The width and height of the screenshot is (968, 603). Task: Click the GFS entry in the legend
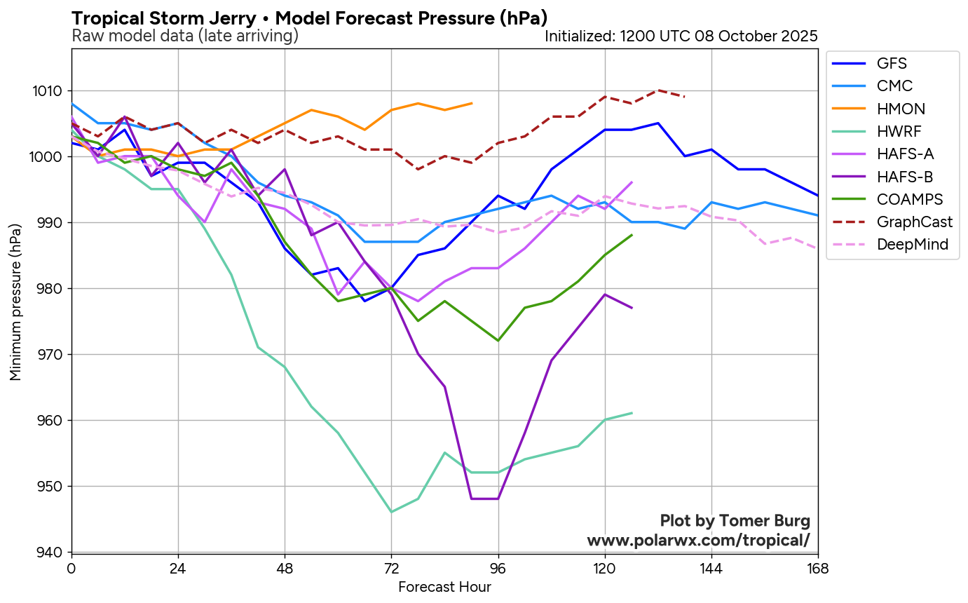[x=892, y=64]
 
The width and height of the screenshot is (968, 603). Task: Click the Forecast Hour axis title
[x=444, y=588]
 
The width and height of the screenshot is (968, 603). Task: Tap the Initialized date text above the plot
[x=681, y=36]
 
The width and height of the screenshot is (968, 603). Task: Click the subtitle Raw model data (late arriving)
[x=185, y=36]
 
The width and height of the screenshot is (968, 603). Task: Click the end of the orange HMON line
[x=472, y=103]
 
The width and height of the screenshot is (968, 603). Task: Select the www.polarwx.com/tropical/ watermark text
[x=698, y=541]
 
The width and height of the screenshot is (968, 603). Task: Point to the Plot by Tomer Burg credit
[x=735, y=521]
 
